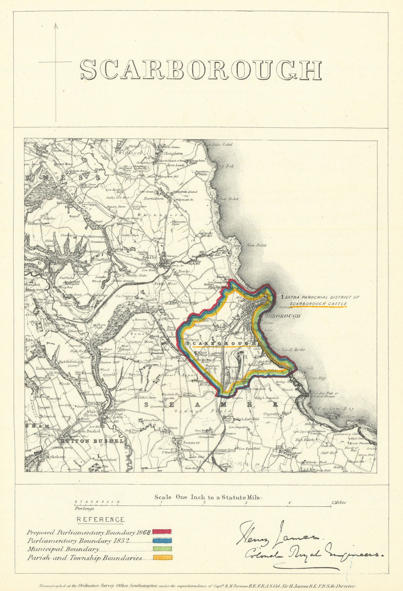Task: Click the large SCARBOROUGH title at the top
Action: (200, 70)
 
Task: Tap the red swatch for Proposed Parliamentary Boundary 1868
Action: (162, 533)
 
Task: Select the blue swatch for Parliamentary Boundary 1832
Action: (162, 541)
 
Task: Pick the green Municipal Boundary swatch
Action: (162, 549)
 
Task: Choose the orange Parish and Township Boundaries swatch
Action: (162, 558)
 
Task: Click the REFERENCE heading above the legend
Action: (100, 520)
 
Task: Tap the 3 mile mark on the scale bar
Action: (246, 503)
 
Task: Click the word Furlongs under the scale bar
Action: (84, 509)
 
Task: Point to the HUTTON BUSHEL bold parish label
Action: (91, 441)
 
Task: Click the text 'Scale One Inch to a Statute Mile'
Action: (207, 497)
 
